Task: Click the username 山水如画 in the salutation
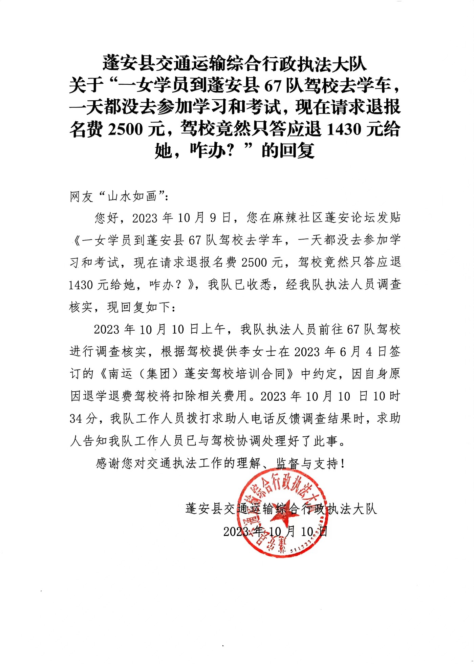(132, 196)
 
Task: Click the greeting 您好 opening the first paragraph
(107, 218)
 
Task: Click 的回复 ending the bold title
(288, 151)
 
